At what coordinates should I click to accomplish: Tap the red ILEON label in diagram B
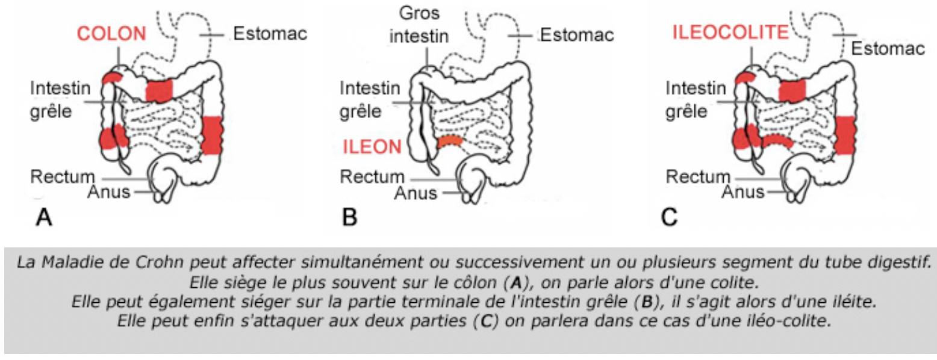pos(371,146)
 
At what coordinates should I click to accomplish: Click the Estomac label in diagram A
pos(270,34)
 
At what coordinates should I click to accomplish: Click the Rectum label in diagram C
pos(697,177)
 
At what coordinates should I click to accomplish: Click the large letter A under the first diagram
pos(44,217)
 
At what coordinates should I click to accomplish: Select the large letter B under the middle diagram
pos(350,217)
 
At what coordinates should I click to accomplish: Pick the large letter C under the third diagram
pos(669,217)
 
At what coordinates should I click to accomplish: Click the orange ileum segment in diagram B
pos(450,142)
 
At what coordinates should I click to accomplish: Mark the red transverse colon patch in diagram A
pos(160,90)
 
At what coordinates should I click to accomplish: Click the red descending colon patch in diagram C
pos(845,135)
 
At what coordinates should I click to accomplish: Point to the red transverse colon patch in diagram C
pos(792,90)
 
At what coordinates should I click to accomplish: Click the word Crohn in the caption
pos(166,263)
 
